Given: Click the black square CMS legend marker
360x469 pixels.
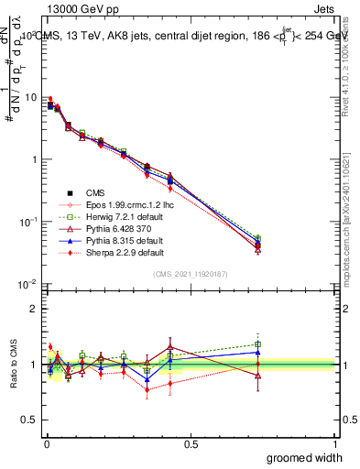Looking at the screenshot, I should [x=70, y=192].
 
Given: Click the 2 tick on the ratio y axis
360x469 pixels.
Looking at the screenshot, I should [x=36, y=309].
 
